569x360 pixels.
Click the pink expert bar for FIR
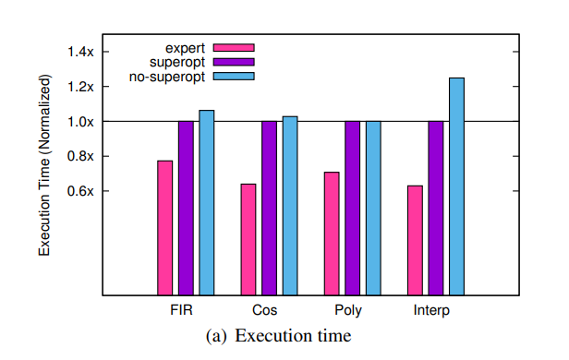pyautogui.click(x=164, y=228)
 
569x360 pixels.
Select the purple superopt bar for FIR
pyautogui.click(x=186, y=208)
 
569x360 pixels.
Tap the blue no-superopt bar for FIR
pyautogui.click(x=206, y=202)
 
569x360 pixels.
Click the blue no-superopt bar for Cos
pyautogui.click(x=290, y=206)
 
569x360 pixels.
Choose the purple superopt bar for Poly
pyautogui.click(x=353, y=208)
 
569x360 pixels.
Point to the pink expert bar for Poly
pyautogui.click(x=332, y=234)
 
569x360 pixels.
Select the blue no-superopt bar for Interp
pyautogui.click(x=456, y=186)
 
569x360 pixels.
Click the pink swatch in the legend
pyautogui.click(x=234, y=45)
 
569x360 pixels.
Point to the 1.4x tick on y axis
pyautogui.click(x=80, y=52)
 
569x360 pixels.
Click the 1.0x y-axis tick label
pyautogui.click(x=80, y=122)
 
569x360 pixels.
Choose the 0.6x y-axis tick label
pyautogui.click(x=80, y=192)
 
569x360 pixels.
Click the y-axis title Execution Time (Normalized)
pyautogui.click(x=43, y=172)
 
